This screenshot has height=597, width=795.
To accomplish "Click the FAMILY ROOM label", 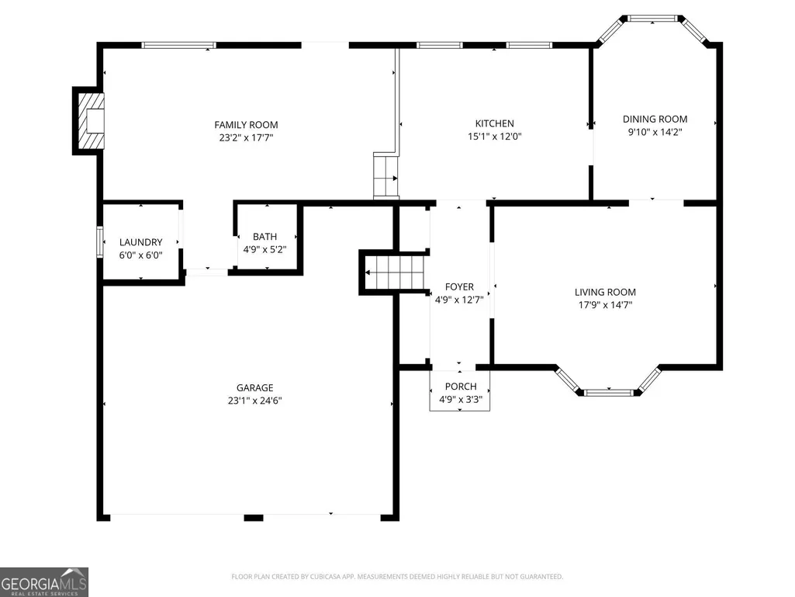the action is pos(246,125).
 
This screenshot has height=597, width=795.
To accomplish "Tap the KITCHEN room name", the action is pos(494,123).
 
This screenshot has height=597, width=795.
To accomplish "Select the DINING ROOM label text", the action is pos(655,120).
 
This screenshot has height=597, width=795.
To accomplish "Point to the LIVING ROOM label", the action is pos(605,293).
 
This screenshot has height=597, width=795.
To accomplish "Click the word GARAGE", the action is pos(254,388).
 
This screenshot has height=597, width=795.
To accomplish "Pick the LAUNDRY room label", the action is pos(141,243).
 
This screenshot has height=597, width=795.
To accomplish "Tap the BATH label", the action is pos(264,237).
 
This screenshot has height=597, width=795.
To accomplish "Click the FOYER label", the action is pos(459,287).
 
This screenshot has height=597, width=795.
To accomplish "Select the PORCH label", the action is pos(461,387).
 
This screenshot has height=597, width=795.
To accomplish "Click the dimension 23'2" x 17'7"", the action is pos(246,137).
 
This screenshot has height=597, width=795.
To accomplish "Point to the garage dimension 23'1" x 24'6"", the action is pos(254,401).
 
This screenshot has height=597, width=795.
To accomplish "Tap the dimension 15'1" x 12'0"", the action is pos(494,136).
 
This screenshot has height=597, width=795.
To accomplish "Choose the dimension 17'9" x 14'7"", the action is pos(605,305).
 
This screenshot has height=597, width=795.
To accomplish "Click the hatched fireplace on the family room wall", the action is pos(91,121).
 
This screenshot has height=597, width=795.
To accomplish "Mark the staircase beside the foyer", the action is pos(395,272).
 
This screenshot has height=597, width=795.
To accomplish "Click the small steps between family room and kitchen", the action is pos(385,175).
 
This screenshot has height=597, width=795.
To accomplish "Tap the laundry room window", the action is pos(100,241).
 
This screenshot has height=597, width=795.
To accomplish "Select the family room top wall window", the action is pos(178,45).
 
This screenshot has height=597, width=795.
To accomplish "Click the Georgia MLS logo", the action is pos(44,582).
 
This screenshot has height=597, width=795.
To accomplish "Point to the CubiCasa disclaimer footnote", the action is pos(397,577).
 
